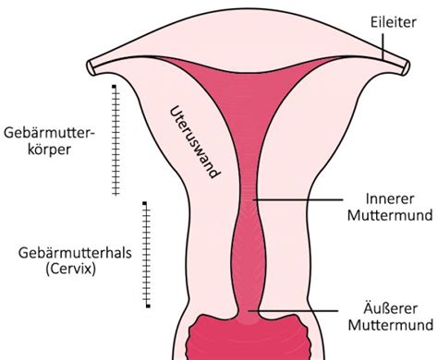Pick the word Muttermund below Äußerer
(x=388, y=325)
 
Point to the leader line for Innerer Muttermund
(x=296, y=199)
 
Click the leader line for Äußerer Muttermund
(x=296, y=310)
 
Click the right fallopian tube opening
(x=407, y=66)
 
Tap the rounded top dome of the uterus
(x=249, y=32)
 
